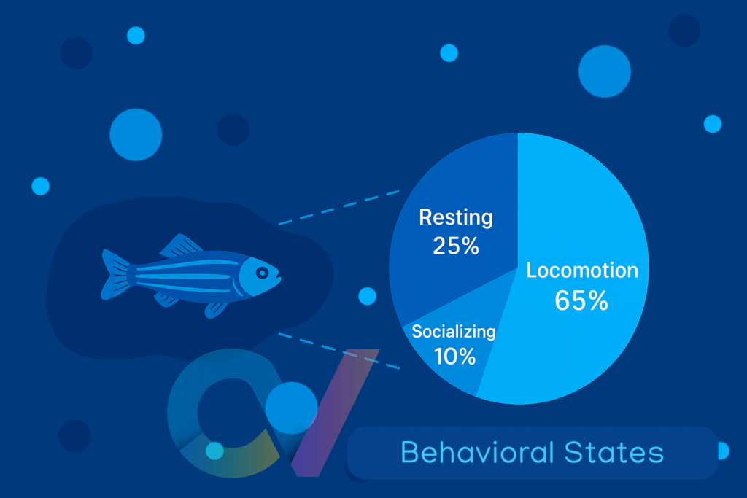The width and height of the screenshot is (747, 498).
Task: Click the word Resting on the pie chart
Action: tap(456, 217)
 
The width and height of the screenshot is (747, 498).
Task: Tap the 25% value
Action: tap(456, 246)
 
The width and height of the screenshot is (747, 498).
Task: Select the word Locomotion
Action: tap(582, 271)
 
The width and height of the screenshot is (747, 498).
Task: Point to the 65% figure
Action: tap(581, 300)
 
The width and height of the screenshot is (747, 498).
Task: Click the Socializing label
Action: tap(454, 332)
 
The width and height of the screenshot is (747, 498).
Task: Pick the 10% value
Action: tap(454, 356)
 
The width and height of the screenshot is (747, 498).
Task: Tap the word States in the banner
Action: tap(614, 452)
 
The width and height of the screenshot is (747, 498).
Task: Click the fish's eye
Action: tap(262, 272)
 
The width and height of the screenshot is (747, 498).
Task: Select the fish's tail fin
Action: tap(115, 275)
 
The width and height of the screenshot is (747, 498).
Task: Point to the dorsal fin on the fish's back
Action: tap(181, 246)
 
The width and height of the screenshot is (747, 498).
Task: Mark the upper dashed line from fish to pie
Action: tap(338, 207)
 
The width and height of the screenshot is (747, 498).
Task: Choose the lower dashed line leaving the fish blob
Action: tap(338, 351)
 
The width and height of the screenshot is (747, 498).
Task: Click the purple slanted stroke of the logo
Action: tap(335, 412)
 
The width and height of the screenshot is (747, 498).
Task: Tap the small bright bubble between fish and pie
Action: tap(368, 296)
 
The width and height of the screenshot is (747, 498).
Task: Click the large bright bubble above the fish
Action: tap(136, 135)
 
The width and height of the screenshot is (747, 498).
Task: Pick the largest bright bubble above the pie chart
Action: tap(605, 71)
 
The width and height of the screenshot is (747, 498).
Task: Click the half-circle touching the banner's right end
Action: tap(724, 451)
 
